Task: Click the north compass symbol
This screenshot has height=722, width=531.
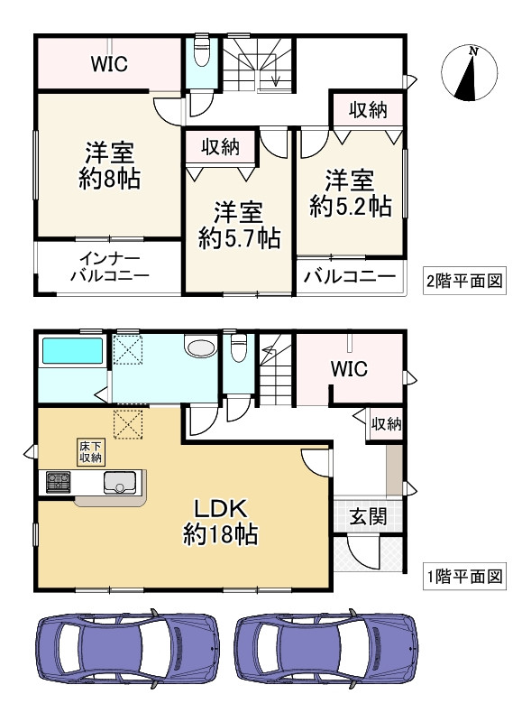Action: coord(471,73)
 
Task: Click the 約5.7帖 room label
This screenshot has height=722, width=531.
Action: coord(239,226)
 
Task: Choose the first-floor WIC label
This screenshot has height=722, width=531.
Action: coord(348,369)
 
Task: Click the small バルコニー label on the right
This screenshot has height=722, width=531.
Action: coord(349,277)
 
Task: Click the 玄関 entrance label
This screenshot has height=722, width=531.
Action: coord(368,517)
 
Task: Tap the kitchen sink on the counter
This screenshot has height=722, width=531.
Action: coord(121,485)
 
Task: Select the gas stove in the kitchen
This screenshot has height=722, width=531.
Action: coord(58,483)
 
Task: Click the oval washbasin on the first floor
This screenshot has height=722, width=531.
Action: coord(198,348)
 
